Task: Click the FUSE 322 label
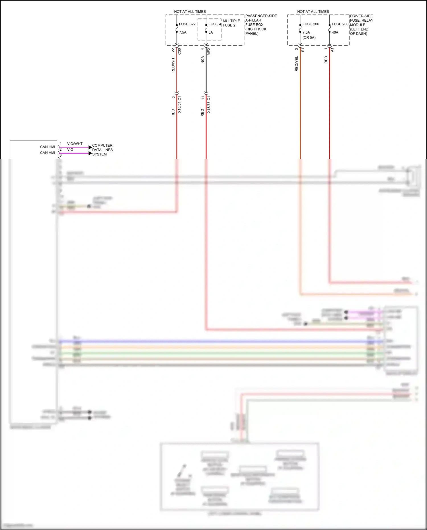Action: (x=187, y=24)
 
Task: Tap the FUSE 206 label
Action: (x=311, y=24)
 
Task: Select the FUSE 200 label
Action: (x=340, y=24)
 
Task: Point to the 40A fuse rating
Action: (x=335, y=32)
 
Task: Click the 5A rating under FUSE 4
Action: (x=211, y=32)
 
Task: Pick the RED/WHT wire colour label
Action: (x=173, y=64)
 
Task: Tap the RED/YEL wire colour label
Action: (x=297, y=64)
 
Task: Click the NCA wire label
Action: (x=203, y=60)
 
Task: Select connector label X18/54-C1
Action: (x=179, y=105)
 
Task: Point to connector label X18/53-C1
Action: (x=209, y=105)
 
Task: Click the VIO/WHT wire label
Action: (x=75, y=144)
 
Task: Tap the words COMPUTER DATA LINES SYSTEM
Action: (x=102, y=150)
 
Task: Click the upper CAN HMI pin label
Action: (x=48, y=147)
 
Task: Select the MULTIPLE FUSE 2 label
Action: (x=231, y=23)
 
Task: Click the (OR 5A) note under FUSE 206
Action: (x=309, y=38)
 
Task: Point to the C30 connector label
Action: (x=179, y=51)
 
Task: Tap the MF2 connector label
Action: (x=209, y=52)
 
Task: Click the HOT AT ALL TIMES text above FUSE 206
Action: (x=313, y=12)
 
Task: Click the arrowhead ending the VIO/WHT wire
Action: (x=90, y=148)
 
